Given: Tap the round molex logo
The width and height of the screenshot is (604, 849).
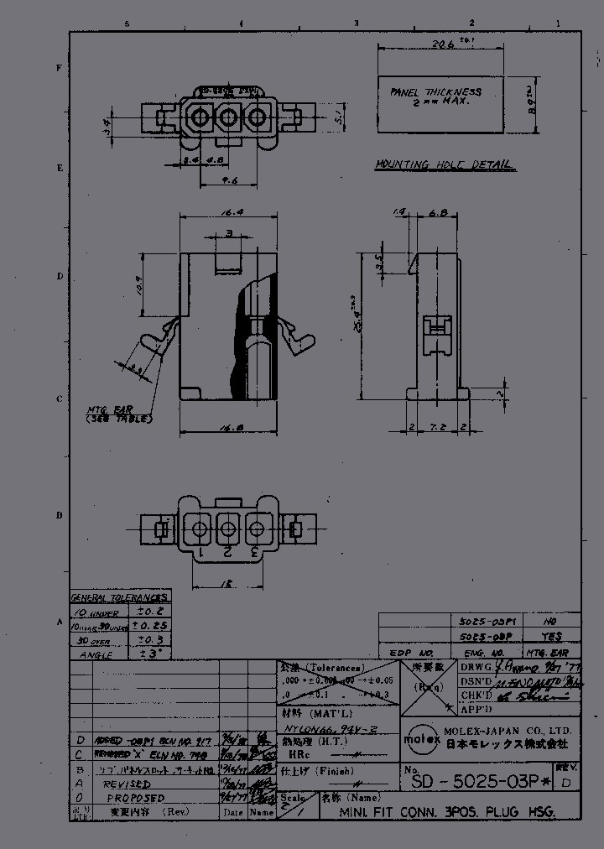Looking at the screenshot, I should coord(417,739).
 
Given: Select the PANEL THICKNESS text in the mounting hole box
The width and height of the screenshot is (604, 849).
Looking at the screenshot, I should coord(435,91).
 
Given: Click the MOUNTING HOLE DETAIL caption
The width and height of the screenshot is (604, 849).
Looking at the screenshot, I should coord(445,165).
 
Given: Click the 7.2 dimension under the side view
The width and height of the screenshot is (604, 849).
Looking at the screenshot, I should coord(435,426).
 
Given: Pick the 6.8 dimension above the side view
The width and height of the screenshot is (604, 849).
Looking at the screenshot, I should coord(435,214).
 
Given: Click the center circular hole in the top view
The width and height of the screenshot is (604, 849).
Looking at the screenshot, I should coord(226,119).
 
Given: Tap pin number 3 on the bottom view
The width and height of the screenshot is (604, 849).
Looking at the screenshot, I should coord(253,551).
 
